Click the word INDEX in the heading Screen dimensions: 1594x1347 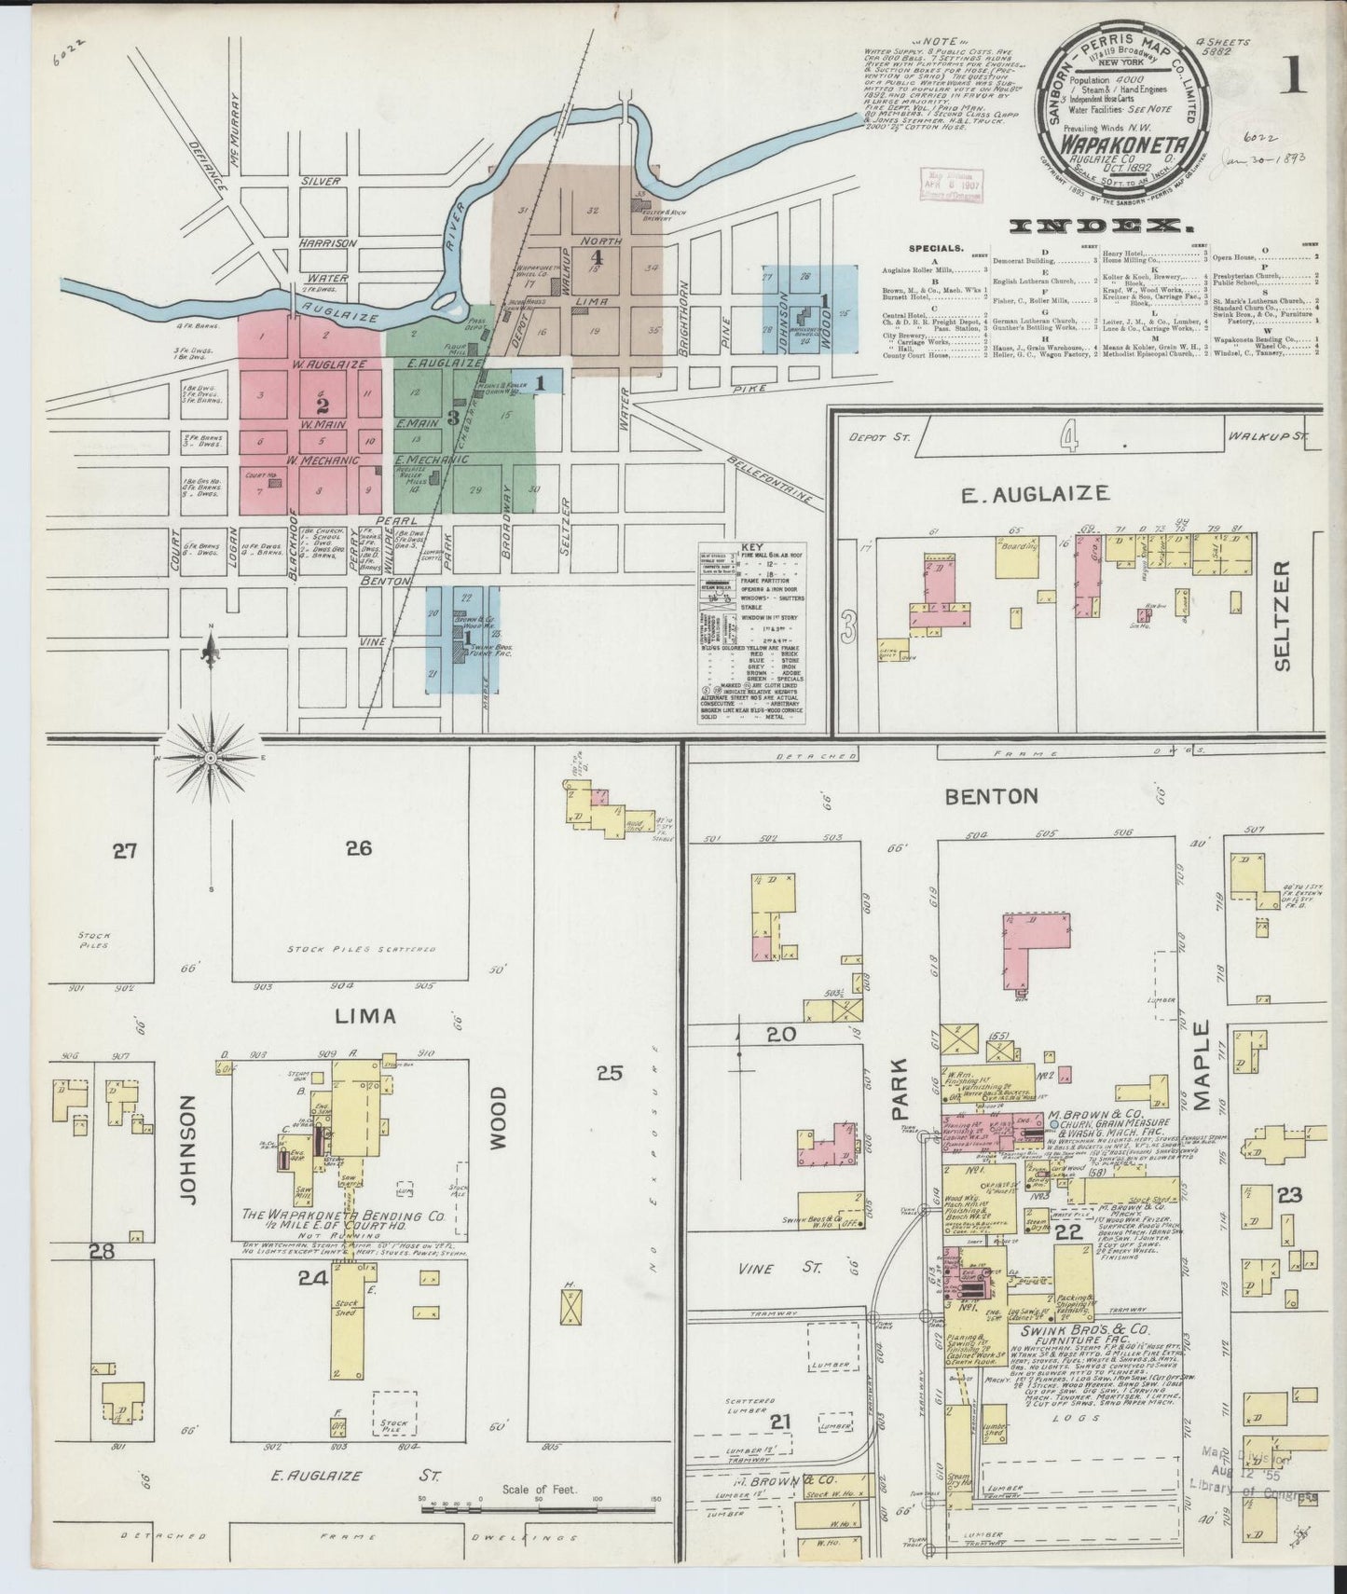1103,226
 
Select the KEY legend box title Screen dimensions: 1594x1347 751,548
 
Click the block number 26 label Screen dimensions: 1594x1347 359,847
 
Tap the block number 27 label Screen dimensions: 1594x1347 125,849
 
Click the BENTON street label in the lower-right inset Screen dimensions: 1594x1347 991,796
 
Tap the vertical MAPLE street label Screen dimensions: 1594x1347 1202,1065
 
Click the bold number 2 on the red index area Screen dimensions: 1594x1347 323,406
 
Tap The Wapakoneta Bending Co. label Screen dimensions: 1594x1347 343,1216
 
